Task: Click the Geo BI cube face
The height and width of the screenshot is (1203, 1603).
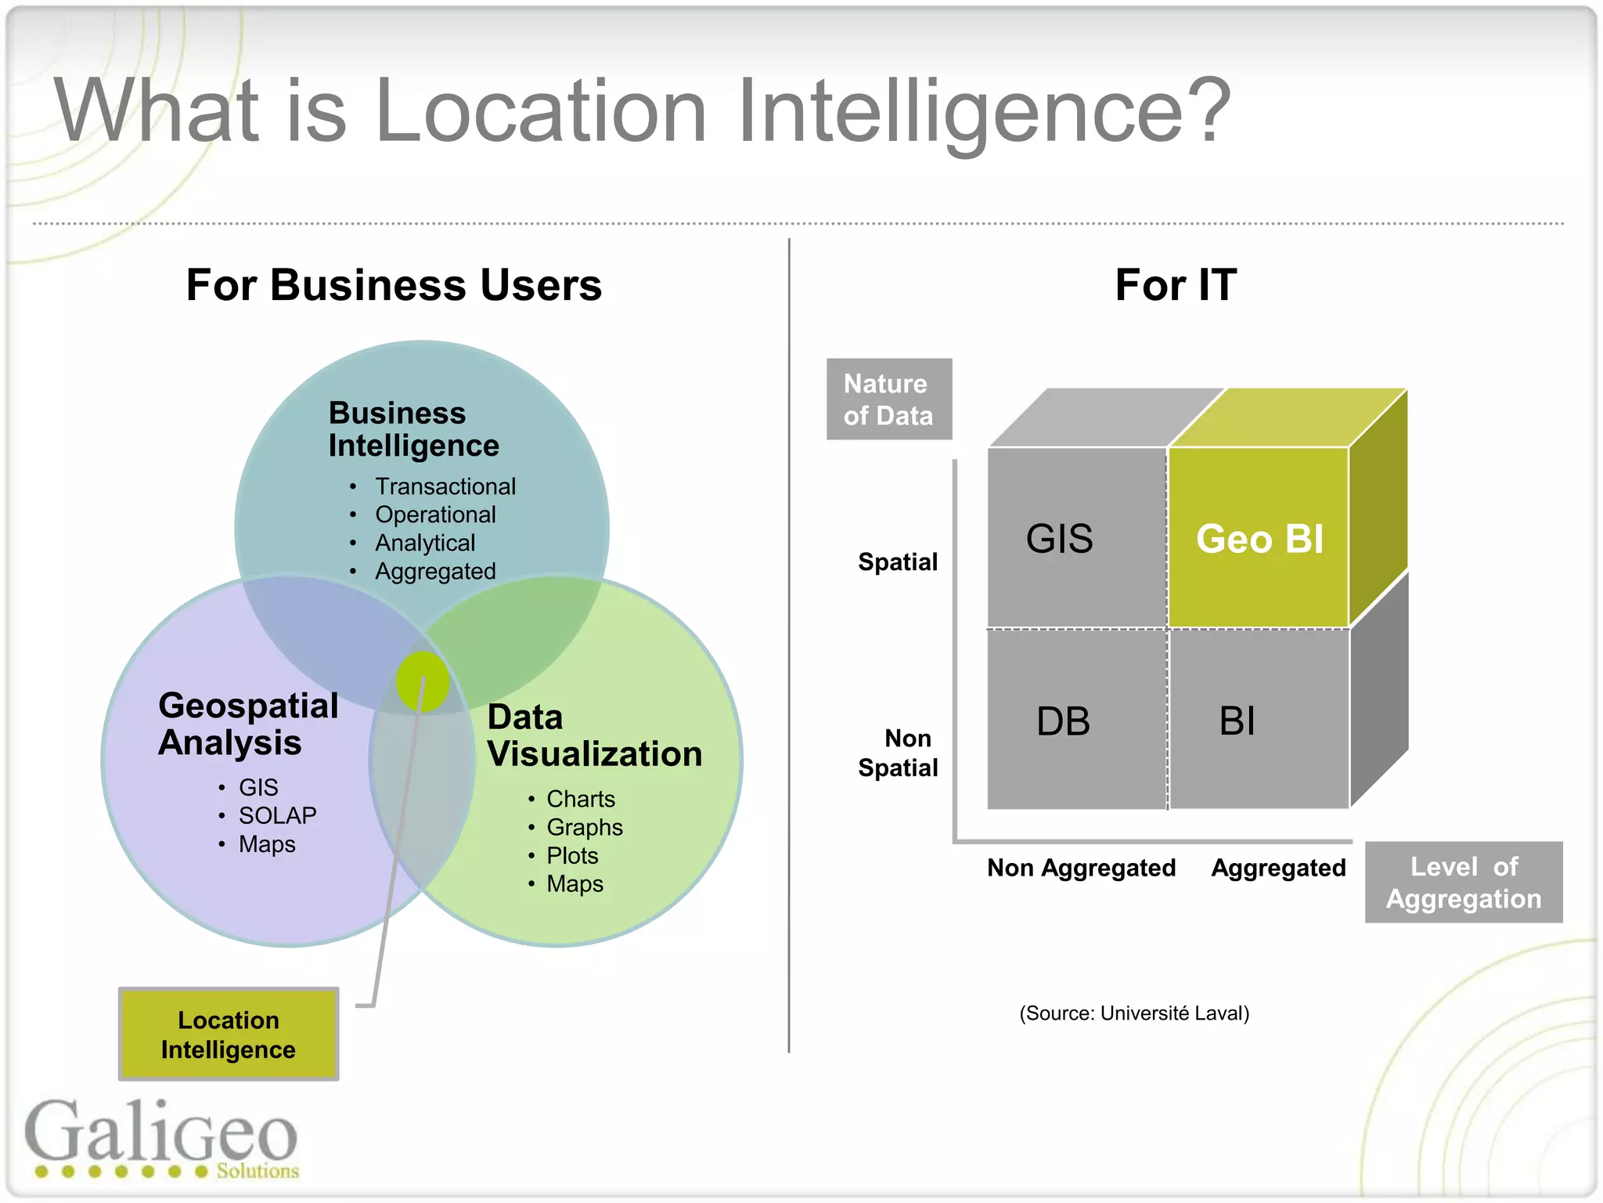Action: (x=1259, y=538)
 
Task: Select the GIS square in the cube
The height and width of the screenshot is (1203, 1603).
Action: (x=1076, y=538)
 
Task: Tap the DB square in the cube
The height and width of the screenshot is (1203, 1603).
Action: (x=1076, y=720)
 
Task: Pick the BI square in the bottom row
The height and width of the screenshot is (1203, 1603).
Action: (x=1258, y=720)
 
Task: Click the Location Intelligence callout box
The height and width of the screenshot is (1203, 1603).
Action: (x=229, y=1034)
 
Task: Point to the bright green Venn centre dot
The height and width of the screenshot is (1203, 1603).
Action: (x=423, y=681)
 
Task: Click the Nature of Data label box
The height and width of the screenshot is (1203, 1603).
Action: (x=889, y=399)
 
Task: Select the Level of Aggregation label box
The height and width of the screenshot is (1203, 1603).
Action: (x=1464, y=883)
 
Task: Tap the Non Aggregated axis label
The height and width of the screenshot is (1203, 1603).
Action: (x=1081, y=868)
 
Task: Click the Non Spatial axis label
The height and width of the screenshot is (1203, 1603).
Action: (x=899, y=753)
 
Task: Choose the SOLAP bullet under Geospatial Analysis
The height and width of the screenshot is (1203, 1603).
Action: (x=277, y=816)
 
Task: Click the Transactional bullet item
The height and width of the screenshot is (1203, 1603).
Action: (x=445, y=486)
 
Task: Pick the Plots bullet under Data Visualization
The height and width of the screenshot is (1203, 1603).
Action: (x=572, y=856)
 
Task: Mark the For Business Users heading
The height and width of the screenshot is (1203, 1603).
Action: (x=394, y=285)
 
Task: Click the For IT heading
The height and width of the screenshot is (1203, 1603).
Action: (x=1176, y=285)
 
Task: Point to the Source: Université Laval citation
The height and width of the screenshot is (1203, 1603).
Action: (x=1134, y=1013)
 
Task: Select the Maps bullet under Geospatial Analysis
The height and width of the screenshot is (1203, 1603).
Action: (x=267, y=844)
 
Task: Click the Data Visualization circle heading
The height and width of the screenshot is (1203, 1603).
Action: (x=594, y=735)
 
